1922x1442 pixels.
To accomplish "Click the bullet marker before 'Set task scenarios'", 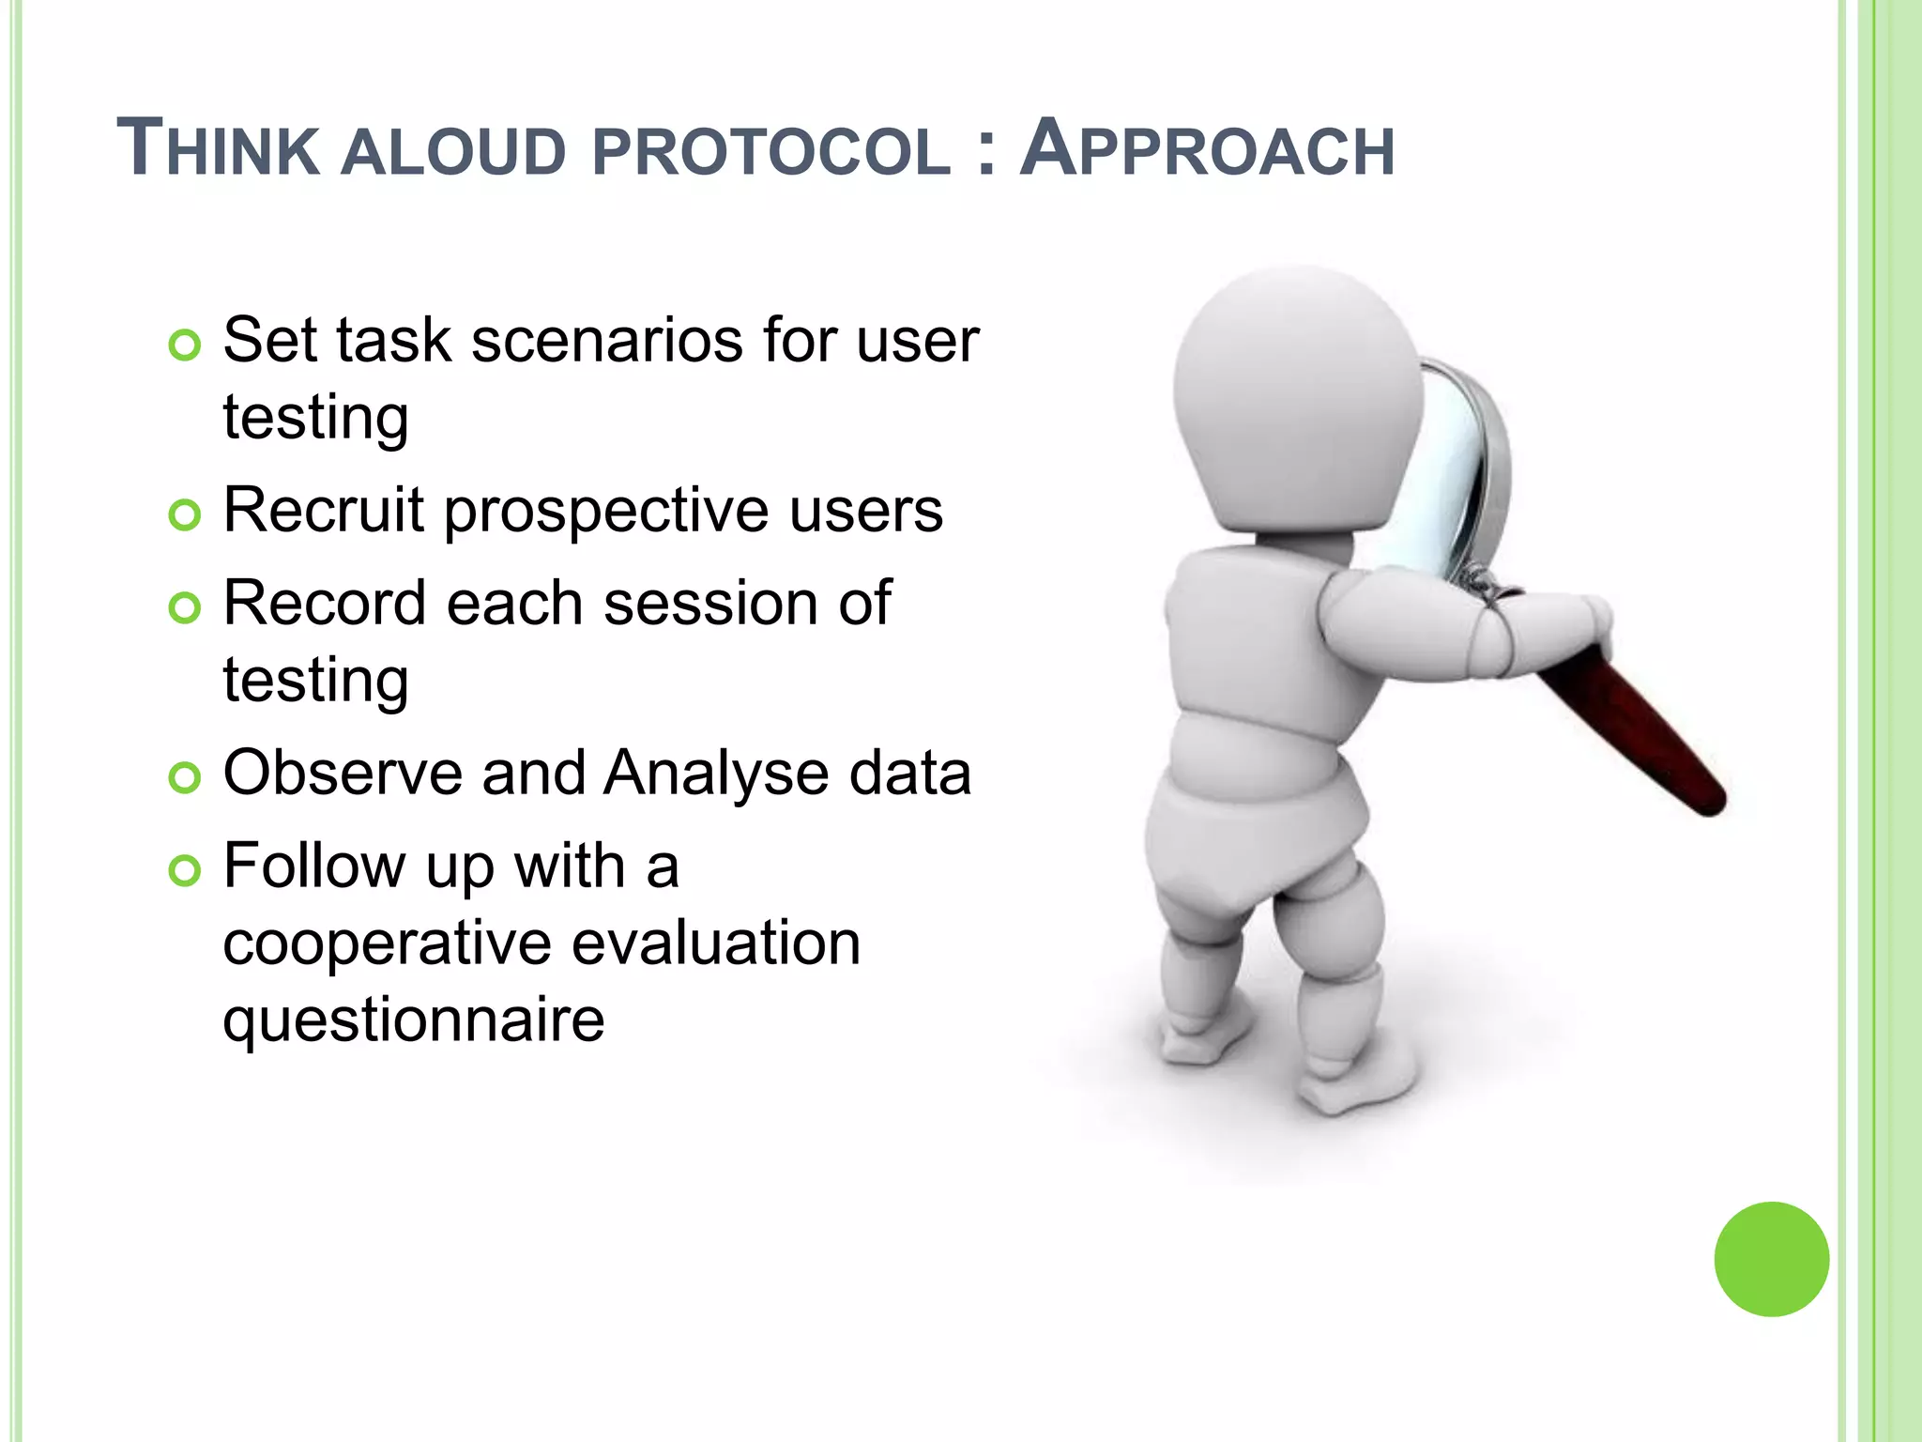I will pyautogui.click(x=185, y=346).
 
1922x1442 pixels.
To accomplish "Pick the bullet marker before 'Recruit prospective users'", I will pyautogui.click(x=185, y=515).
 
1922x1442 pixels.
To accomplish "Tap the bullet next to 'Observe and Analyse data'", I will pyautogui.click(x=185, y=778).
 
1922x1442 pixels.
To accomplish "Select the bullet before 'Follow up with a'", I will pyautogui.click(x=185, y=871).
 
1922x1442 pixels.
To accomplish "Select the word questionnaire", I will pyautogui.click(x=414, y=1021).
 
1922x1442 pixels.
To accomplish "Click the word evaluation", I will pyautogui.click(x=716, y=943).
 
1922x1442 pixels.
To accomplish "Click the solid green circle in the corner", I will pyautogui.click(x=1771, y=1259).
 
